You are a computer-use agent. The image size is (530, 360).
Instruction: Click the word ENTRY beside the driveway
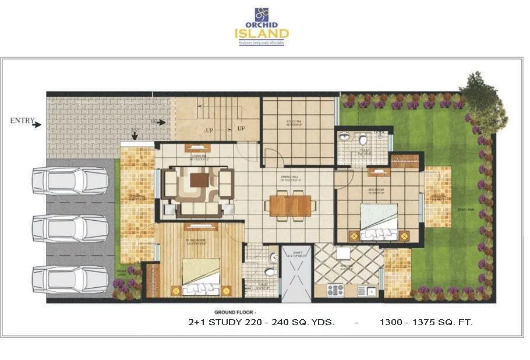coord(22,121)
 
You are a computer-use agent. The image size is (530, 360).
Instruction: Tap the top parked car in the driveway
coord(70,181)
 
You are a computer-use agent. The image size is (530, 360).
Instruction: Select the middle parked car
coord(70,228)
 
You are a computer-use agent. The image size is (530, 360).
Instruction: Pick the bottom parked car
coord(70,278)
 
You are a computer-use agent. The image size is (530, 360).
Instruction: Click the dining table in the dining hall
coord(290,206)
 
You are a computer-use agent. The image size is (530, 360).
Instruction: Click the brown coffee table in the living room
coord(199,181)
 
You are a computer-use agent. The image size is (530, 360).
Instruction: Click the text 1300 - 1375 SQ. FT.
coord(426,322)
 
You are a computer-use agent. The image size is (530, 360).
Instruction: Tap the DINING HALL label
coord(289,179)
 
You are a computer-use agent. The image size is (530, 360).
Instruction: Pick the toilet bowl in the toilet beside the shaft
coord(270,273)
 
